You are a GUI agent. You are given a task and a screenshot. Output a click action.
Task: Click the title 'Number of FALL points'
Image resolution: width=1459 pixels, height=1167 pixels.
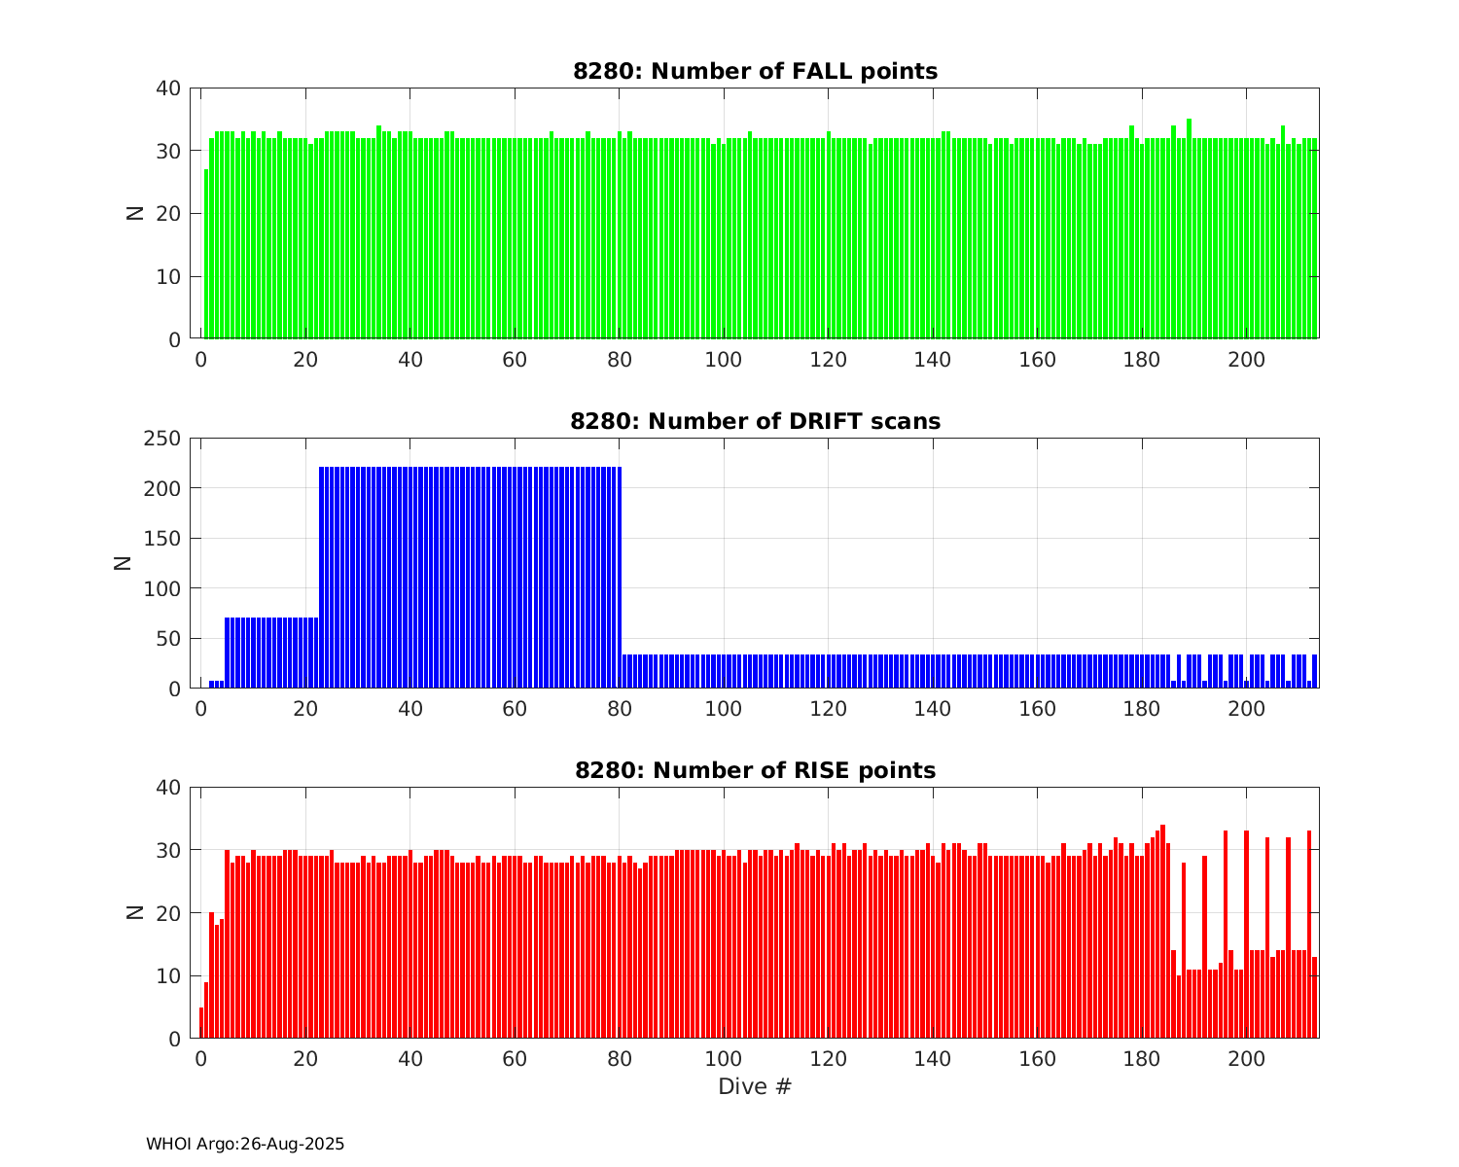pyautogui.click(x=755, y=71)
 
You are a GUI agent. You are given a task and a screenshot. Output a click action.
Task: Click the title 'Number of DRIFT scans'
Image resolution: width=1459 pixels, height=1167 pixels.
pyautogui.click(x=755, y=421)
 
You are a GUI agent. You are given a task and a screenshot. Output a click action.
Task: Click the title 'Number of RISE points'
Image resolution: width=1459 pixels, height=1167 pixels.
pyautogui.click(x=755, y=770)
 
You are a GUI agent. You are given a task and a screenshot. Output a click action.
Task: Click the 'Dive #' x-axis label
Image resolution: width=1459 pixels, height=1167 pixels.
pyautogui.click(x=755, y=1086)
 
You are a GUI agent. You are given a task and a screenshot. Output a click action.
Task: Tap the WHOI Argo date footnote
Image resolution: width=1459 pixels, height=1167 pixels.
pyautogui.click(x=245, y=1145)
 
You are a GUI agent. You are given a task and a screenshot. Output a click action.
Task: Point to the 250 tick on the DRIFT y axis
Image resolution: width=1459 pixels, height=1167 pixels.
pyautogui.click(x=162, y=439)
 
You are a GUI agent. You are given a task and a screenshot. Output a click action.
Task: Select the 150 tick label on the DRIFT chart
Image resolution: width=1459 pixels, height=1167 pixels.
pyautogui.click(x=162, y=539)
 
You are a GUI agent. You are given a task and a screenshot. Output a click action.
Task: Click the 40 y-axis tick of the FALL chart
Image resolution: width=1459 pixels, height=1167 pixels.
pyautogui.click(x=168, y=88)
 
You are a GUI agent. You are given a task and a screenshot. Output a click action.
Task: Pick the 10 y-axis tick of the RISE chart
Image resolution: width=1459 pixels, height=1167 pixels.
pyautogui.click(x=168, y=976)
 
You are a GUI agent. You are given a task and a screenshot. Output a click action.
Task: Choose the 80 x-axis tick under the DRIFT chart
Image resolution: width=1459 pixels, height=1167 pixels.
pyautogui.click(x=619, y=709)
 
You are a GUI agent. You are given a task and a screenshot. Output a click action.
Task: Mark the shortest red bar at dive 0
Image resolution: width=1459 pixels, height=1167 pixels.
pyautogui.click(x=201, y=1023)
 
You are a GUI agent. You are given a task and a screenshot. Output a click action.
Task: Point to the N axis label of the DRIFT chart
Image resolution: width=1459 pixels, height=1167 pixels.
pyautogui.click(x=124, y=563)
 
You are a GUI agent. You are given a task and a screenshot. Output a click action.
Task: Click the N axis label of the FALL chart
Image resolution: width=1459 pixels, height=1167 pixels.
pyautogui.click(x=135, y=213)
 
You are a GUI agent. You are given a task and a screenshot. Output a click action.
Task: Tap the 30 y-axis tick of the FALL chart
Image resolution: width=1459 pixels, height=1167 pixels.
pyautogui.click(x=168, y=151)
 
